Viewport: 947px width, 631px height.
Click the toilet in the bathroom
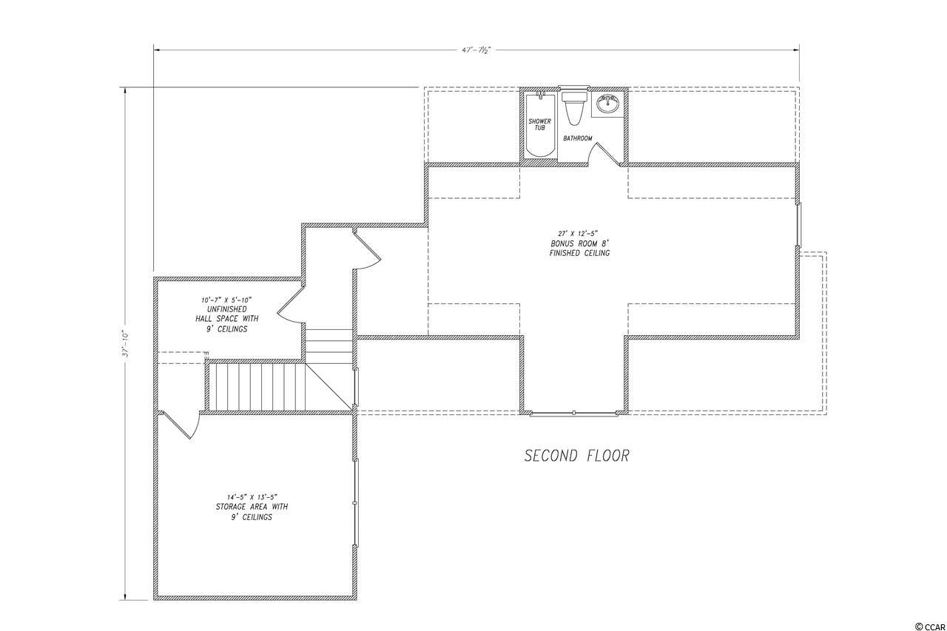[x=574, y=109]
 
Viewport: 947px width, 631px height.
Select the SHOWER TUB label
[x=540, y=124]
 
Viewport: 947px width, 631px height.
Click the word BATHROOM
[x=578, y=138]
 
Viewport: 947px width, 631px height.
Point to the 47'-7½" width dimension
[x=476, y=50]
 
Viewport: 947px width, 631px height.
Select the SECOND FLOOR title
[x=576, y=456]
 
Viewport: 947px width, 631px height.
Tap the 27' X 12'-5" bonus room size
[x=579, y=232]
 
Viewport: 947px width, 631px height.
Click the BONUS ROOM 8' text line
[x=579, y=243]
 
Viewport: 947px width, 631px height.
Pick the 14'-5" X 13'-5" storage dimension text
[x=252, y=497]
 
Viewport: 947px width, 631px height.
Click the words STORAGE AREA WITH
[x=252, y=507]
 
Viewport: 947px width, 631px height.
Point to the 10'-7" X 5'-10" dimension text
[x=226, y=300]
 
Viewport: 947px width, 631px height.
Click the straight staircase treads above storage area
[x=257, y=387]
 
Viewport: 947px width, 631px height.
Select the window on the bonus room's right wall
[x=798, y=224]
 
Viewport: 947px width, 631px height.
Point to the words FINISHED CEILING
[x=579, y=253]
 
